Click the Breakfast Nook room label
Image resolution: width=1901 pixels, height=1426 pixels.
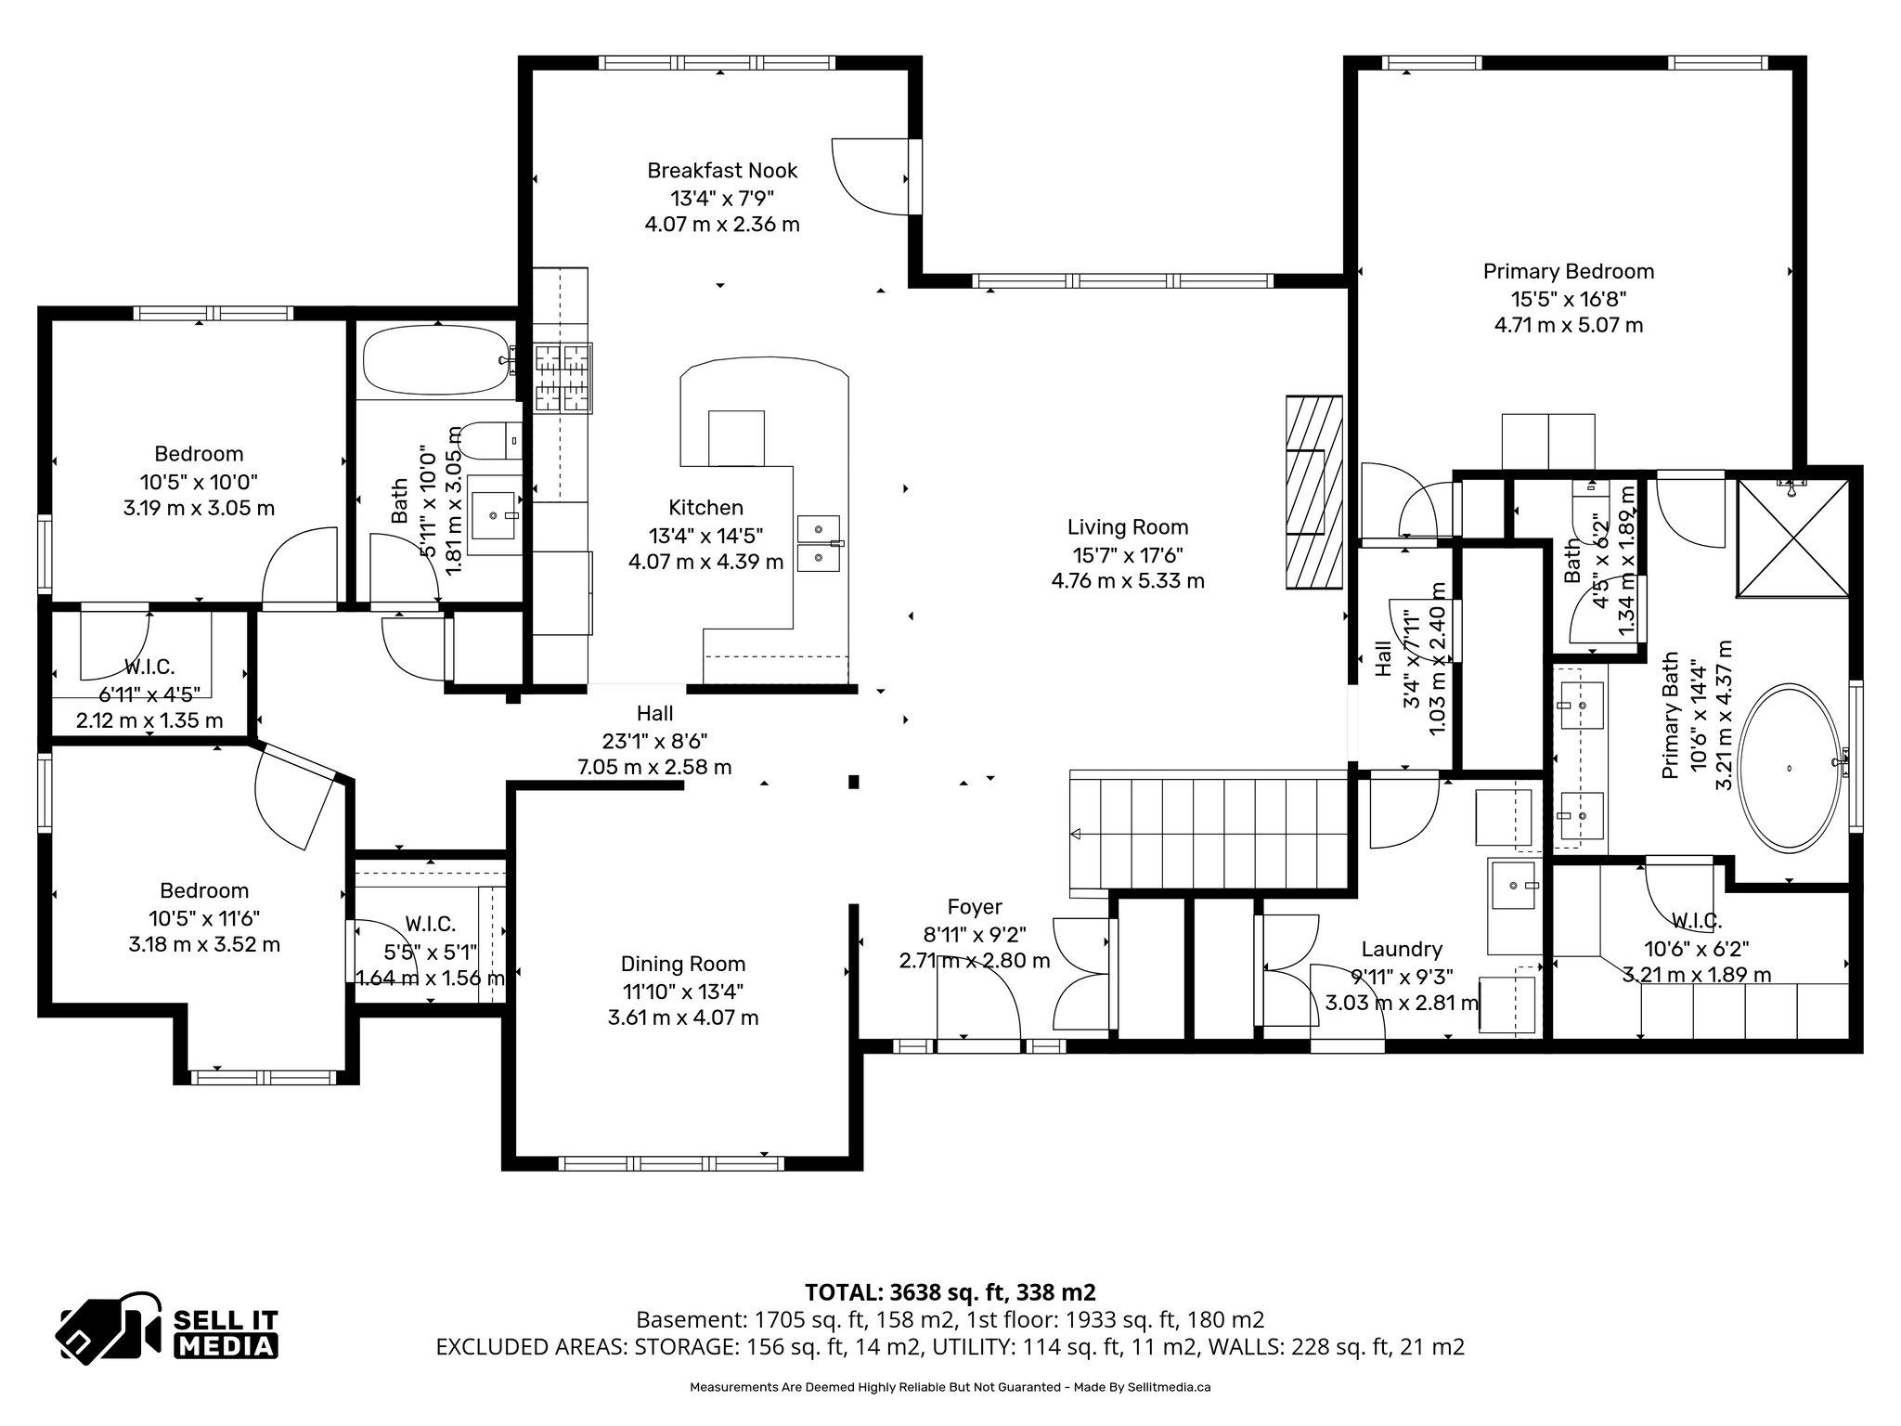722,171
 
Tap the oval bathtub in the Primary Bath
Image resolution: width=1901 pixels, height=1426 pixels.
1788,768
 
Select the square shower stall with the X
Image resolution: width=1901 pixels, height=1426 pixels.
1792,538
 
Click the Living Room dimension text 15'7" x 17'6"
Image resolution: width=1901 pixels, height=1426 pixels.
1127,554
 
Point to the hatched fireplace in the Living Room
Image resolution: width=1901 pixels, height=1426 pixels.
1313,491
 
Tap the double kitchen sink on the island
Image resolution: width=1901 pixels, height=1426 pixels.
818,543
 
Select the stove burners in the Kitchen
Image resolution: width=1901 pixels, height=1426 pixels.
563,377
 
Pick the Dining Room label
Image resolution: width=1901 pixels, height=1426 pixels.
682,964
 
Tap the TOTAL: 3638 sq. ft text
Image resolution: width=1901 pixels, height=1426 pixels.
950,1291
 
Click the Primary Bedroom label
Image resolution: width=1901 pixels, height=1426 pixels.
1568,271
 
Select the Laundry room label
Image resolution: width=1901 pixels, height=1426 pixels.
1401,949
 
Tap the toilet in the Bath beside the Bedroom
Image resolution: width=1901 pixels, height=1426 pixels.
488,440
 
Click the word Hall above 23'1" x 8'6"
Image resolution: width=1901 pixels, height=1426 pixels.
654,713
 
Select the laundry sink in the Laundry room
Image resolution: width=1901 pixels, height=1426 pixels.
1513,887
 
